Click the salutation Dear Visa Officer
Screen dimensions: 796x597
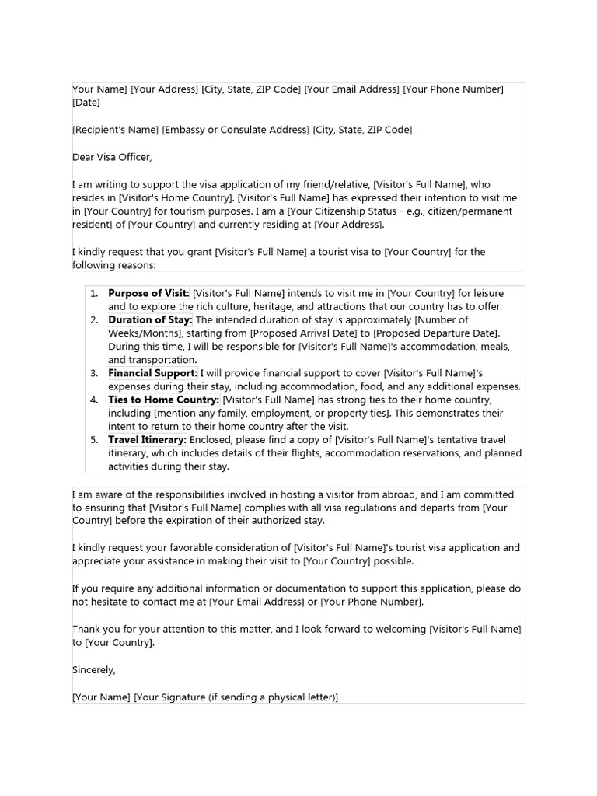coord(112,157)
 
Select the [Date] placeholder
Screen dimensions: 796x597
coord(86,103)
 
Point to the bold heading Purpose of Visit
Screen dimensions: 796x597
coord(148,293)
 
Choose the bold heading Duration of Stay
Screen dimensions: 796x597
coord(150,319)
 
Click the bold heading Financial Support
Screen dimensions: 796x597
coord(152,373)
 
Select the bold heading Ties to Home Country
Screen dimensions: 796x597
coord(164,400)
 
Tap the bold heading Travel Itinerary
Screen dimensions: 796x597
coord(147,440)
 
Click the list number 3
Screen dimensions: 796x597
coord(93,373)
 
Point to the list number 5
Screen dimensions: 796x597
coord(93,440)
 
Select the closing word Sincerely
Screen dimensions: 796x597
coord(93,669)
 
